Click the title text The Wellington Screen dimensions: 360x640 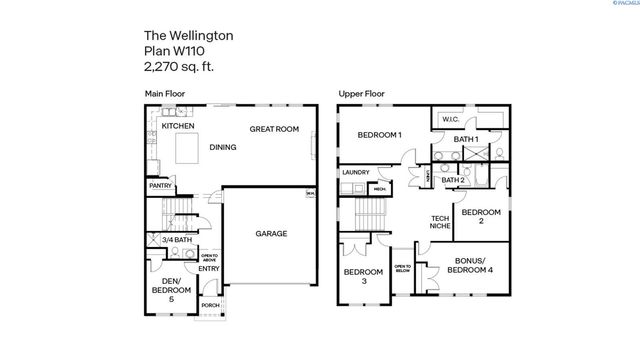(184, 35)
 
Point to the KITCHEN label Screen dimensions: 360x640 (177, 127)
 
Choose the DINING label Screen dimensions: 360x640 (223, 147)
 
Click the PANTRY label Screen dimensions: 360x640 (159, 185)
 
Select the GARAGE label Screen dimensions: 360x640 (270, 233)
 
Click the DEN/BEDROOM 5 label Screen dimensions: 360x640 (164, 288)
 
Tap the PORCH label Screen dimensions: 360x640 (210, 306)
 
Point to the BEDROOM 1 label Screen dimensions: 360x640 (379, 134)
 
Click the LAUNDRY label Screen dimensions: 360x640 (355, 172)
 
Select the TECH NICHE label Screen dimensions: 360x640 (439, 222)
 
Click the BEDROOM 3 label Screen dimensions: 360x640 (363, 276)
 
